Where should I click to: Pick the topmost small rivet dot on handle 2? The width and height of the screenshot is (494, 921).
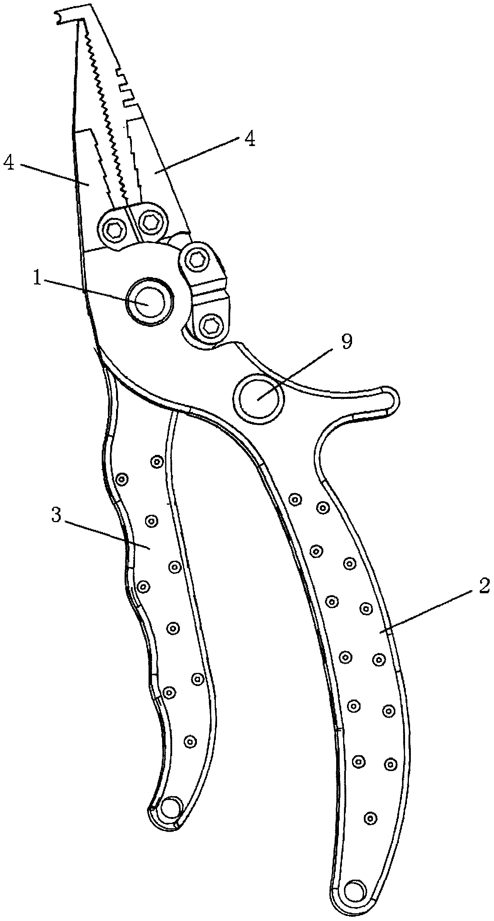pos(296,499)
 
